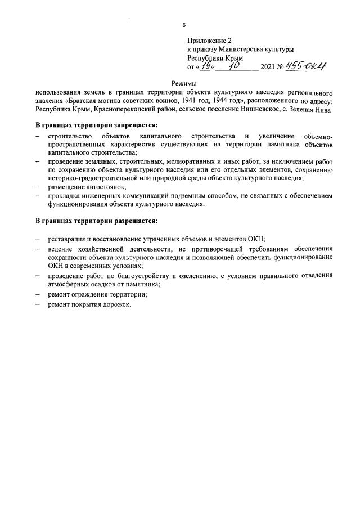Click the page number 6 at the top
pyautogui.click(x=184, y=25)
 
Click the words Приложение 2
pyautogui.click(x=209, y=41)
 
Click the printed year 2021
pyautogui.click(x=269, y=67)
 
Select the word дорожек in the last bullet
pyautogui.click(x=116, y=304)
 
